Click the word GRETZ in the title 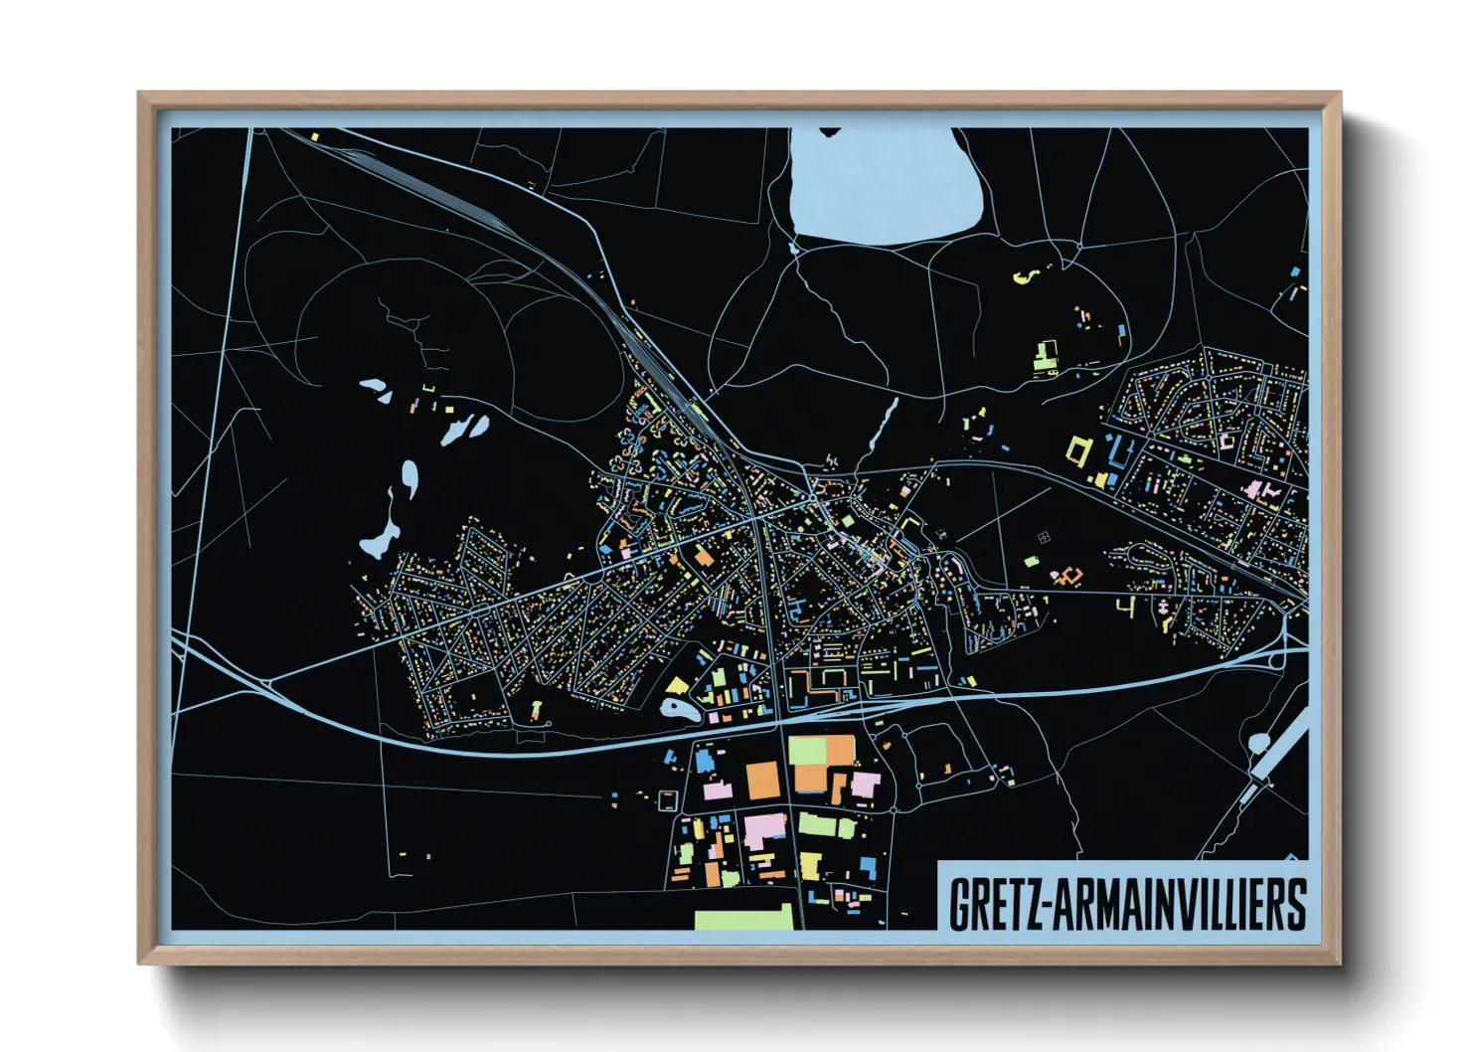993,903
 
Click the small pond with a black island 679,709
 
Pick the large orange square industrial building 763,780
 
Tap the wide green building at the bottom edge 744,917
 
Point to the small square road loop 667,798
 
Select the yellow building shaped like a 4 1125,605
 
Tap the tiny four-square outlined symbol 1044,538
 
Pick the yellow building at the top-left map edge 315,137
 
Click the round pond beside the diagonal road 1259,742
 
